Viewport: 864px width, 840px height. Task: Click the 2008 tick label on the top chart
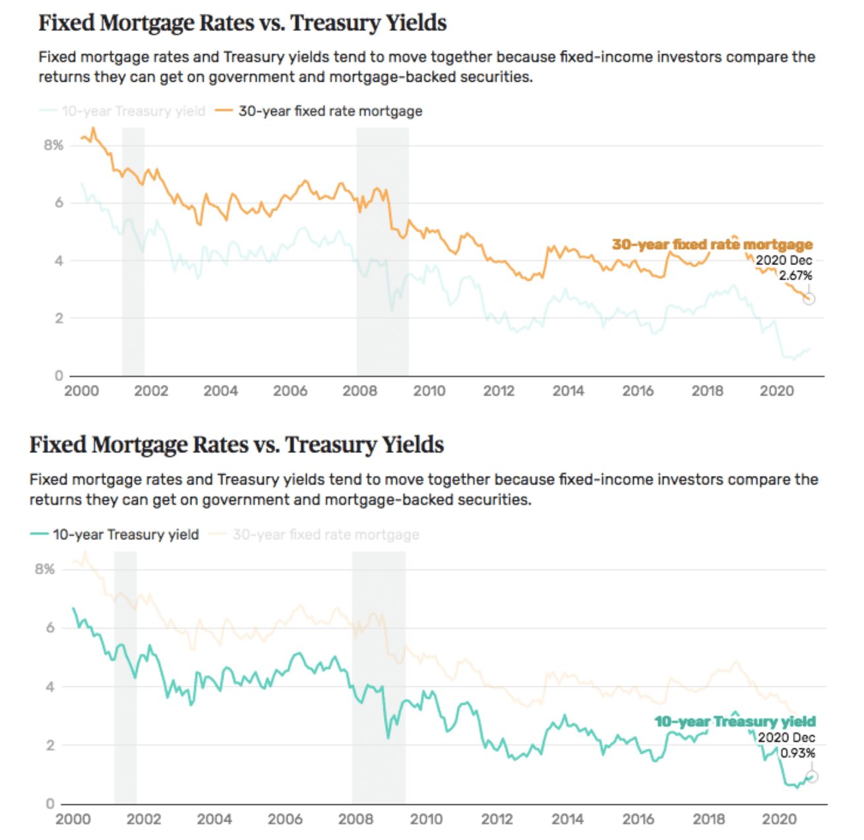(359, 391)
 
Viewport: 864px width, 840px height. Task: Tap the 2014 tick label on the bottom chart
(567, 819)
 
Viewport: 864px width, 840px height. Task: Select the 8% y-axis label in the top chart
(53, 145)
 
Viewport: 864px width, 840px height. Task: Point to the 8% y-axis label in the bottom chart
(45, 569)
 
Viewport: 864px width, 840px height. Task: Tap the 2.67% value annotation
(795, 276)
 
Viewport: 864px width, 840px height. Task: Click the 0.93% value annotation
(798, 753)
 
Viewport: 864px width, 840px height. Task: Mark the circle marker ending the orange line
(809, 299)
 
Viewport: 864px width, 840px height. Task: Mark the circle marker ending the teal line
(812, 777)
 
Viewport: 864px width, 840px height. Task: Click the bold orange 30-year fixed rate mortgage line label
(712, 245)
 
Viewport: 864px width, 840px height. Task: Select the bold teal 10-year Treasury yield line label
(735, 721)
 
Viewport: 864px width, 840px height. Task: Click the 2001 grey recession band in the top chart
(133, 251)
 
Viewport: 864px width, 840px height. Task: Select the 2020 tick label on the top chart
(776, 391)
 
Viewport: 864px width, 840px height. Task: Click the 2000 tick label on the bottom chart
(73, 819)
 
